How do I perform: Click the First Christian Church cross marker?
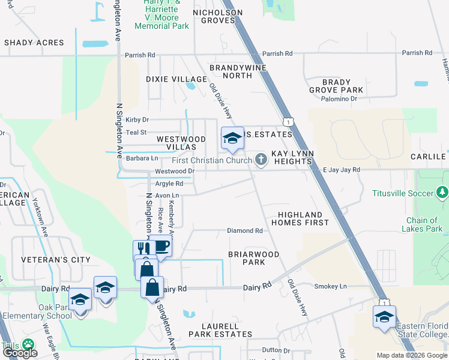tap(261, 160)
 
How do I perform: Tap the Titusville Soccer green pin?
tap(442, 193)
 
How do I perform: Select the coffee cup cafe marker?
tap(160, 246)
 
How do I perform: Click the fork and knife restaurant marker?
tap(143, 249)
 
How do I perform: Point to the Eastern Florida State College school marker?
tap(384, 316)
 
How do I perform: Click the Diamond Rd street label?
tap(244, 230)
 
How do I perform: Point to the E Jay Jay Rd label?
tap(341, 170)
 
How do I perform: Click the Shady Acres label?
tap(34, 43)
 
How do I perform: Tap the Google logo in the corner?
tap(20, 353)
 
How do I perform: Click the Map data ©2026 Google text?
tap(412, 355)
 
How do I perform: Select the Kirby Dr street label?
tap(137, 120)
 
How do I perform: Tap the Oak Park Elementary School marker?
tap(79, 298)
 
